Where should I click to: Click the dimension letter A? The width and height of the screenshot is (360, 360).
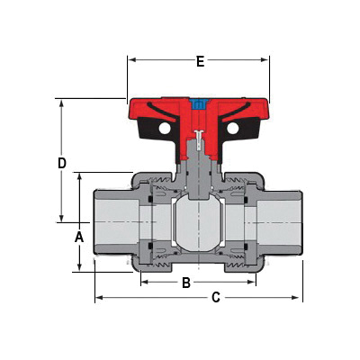(78, 237)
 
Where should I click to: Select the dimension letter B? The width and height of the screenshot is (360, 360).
(186, 283)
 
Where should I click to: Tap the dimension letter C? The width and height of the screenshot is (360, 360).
(216, 297)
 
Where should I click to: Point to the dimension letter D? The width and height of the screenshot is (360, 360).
(62, 163)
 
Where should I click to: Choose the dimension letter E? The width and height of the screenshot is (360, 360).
(200, 61)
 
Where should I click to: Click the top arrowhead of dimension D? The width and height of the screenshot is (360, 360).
(62, 102)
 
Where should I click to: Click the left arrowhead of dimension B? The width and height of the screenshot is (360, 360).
(144, 283)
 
